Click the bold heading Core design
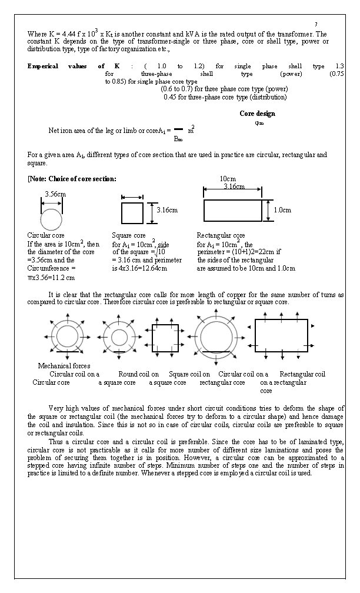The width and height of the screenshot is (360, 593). tap(257, 114)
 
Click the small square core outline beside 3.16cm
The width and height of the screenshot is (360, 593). tap(132, 211)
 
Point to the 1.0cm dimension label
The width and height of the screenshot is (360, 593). tap(284, 209)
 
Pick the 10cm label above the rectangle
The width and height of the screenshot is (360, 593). tap(228, 178)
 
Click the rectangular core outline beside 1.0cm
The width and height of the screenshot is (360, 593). tap(233, 210)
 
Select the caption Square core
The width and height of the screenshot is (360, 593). tap(128, 235)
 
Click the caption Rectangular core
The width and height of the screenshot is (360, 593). tap(221, 235)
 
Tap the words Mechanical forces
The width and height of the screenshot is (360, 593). tap(63, 366)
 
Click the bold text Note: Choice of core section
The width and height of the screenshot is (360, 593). tap(72, 178)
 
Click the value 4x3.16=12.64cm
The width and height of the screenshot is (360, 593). tap(139, 268)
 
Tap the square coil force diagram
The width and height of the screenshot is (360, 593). tap(169, 338)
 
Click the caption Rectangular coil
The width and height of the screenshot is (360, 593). tap(302, 374)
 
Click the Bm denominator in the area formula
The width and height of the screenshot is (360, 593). tap(178, 139)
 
